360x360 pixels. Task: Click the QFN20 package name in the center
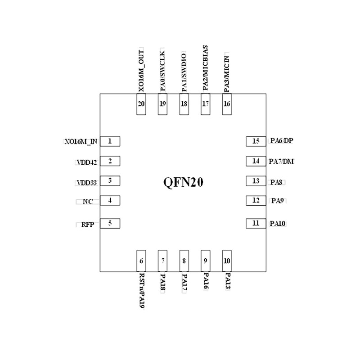click(183, 183)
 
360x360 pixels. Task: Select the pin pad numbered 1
click(110, 141)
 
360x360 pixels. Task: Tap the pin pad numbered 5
click(110, 224)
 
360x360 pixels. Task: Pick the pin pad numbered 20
click(141, 104)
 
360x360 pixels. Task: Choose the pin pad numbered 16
click(227, 104)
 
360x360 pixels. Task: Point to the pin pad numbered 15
click(256, 141)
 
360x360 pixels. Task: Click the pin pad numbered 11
click(256, 224)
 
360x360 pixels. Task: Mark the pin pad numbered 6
click(141, 261)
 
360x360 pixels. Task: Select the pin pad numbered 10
click(227, 261)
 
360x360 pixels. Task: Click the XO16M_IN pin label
click(81, 141)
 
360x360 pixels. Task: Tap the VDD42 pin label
click(87, 162)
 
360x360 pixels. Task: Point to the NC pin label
click(88, 202)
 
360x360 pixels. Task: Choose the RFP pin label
click(88, 224)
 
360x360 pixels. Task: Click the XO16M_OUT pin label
click(141, 71)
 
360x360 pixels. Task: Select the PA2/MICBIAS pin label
click(205, 68)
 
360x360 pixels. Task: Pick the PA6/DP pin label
click(282, 140)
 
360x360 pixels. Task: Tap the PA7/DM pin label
click(281, 162)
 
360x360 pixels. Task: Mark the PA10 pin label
click(278, 223)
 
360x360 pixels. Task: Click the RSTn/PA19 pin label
click(142, 290)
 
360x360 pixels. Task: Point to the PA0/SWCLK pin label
click(162, 71)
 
